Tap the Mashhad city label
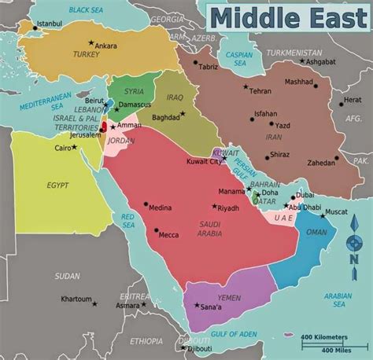pos(298,81)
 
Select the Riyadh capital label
pos(227,208)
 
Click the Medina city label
pos(160,208)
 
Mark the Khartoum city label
pos(77,299)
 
